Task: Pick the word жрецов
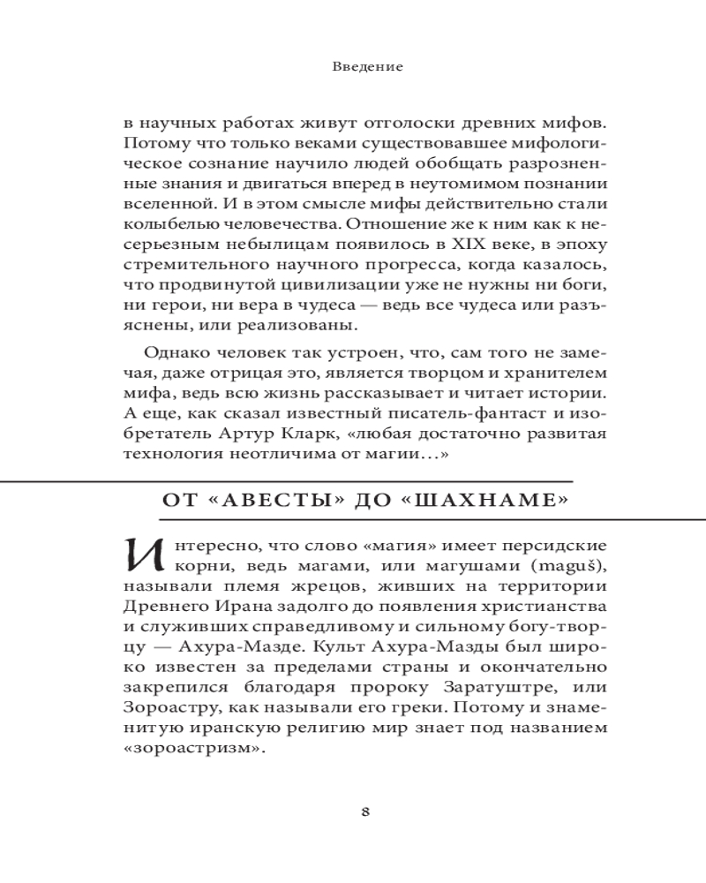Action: click(328, 585)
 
